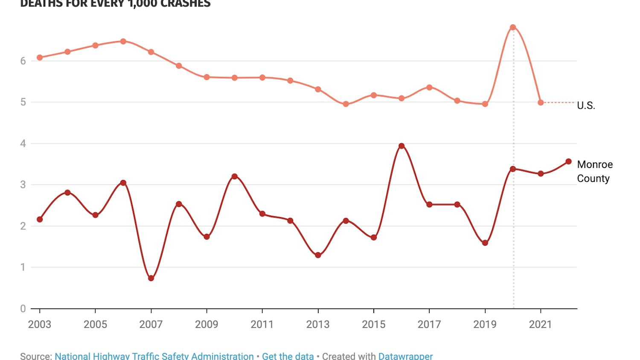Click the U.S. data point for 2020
point(513,27)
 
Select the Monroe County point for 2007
point(151,278)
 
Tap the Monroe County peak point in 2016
point(401,146)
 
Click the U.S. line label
point(586,105)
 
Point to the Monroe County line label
point(595,171)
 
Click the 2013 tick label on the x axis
point(318,324)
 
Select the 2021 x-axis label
point(540,324)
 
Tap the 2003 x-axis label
point(40,324)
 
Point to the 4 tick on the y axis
point(23,143)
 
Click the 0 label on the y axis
point(23,308)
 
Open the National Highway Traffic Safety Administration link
point(154,356)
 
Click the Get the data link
point(288,356)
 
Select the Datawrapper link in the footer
point(405,356)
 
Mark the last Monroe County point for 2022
point(568,162)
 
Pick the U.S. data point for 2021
point(541,102)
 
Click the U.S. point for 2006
point(123,41)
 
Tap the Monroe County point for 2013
point(318,255)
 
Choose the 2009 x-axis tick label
point(207,324)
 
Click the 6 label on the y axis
point(23,61)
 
